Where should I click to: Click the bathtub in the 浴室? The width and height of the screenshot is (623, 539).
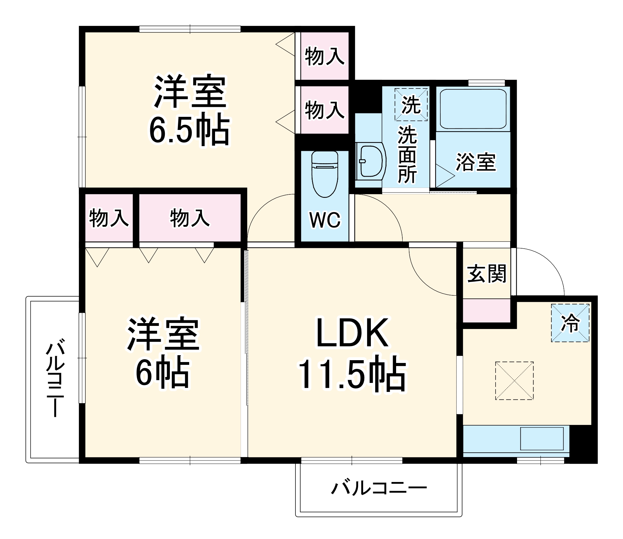click(x=473, y=109)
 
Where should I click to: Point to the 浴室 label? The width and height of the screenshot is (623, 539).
click(x=476, y=162)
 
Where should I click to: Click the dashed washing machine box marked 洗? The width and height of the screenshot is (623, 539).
click(x=411, y=104)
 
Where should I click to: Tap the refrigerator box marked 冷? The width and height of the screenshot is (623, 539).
click(x=570, y=323)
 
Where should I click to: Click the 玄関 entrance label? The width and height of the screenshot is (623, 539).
click(x=486, y=274)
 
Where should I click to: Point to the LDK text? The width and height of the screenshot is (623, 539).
click(x=352, y=332)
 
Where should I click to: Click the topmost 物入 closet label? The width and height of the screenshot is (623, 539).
click(x=324, y=56)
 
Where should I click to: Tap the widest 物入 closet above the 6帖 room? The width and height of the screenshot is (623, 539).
click(x=190, y=218)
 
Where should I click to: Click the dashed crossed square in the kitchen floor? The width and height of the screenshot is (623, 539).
click(x=514, y=380)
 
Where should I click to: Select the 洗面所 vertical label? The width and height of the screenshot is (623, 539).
click(x=407, y=154)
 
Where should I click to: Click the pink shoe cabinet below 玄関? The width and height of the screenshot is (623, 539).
click(x=486, y=311)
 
